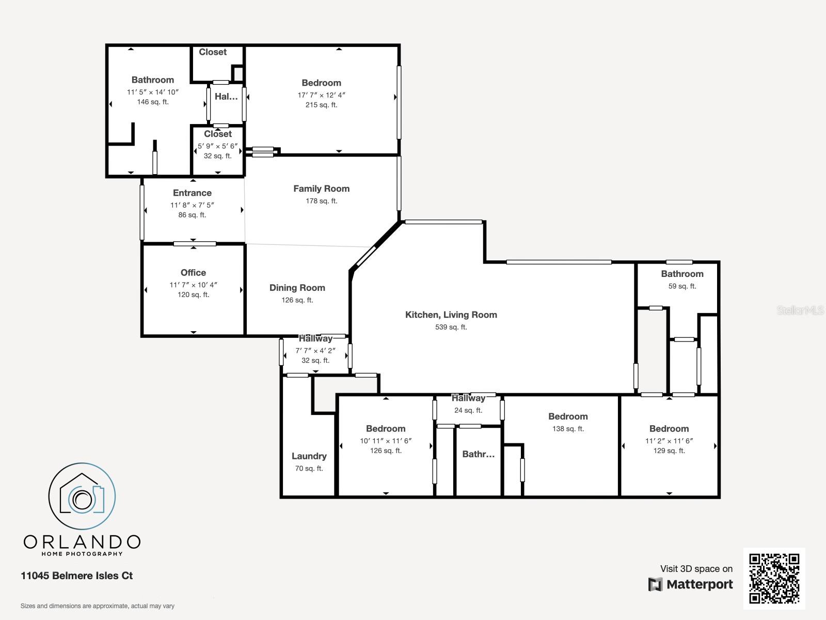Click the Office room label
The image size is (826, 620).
pyautogui.click(x=193, y=273)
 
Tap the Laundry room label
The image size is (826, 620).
pyautogui.click(x=309, y=456)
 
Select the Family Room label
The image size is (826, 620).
pyautogui.click(x=321, y=189)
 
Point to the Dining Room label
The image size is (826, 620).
pyautogui.click(x=297, y=288)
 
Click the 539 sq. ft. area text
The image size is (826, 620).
pyautogui.click(x=451, y=327)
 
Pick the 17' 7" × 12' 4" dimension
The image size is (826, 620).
pyautogui.click(x=321, y=95)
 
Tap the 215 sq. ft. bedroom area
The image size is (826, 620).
pyautogui.click(x=321, y=105)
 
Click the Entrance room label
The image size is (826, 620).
pyautogui.click(x=192, y=193)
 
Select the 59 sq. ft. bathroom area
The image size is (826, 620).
pyautogui.click(x=682, y=286)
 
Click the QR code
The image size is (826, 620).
pyautogui.click(x=774, y=578)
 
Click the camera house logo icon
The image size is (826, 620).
pyautogui.click(x=82, y=496)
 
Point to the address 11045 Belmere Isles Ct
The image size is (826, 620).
pyautogui.click(x=77, y=576)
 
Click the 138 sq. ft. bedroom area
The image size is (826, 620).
pyautogui.click(x=568, y=429)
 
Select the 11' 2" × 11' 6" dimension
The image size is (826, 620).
pyautogui.click(x=669, y=441)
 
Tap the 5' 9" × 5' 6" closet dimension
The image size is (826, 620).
pyautogui.click(x=217, y=146)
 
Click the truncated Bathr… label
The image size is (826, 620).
pyautogui.click(x=478, y=455)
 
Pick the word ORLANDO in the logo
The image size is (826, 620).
pyautogui.click(x=82, y=542)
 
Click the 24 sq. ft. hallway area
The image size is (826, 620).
pyautogui.click(x=468, y=411)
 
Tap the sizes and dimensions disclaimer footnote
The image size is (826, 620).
pyautogui.click(x=98, y=606)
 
